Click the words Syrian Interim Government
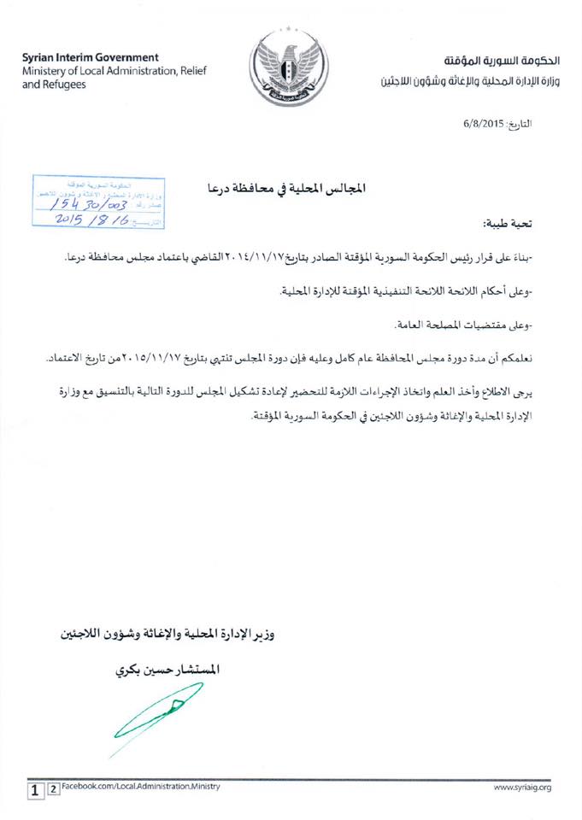click(x=90, y=56)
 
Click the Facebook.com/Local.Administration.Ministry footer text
click(x=142, y=786)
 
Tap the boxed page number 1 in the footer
click(x=34, y=788)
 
